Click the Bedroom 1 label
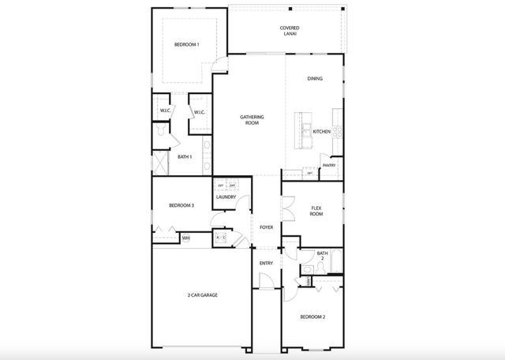click(186, 45)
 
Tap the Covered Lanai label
click(289, 32)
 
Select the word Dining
click(315, 79)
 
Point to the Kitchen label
click(320, 131)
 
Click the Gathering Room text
click(252, 120)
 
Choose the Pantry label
click(329, 165)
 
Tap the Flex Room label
click(316, 211)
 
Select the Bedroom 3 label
click(181, 206)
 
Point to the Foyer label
click(267, 227)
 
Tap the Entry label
click(266, 262)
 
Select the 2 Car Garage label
click(202, 295)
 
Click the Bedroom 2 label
click(312, 317)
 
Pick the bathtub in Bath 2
click(335, 261)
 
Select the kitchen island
click(302, 131)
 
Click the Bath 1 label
click(185, 157)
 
